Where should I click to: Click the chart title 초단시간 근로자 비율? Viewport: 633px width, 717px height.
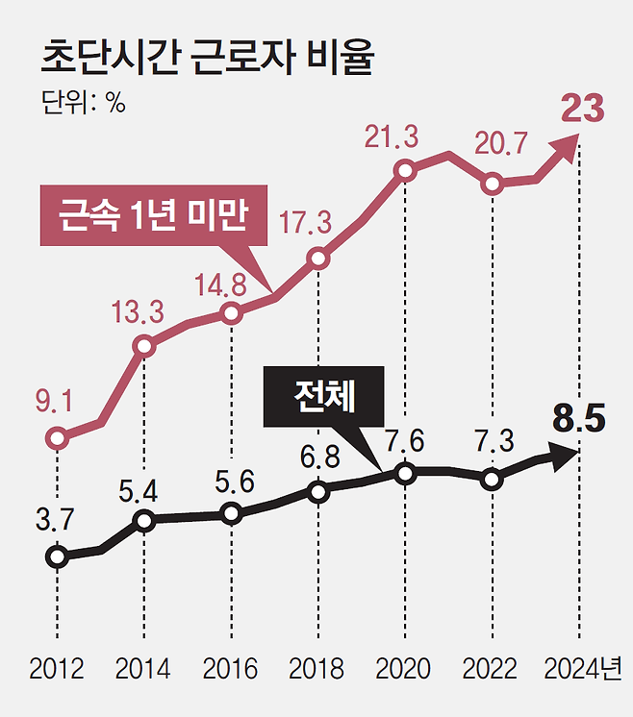point(208,57)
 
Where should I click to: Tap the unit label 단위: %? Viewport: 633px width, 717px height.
point(84,102)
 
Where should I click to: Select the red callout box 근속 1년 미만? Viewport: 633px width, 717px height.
point(154,215)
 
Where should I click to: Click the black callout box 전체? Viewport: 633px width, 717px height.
point(323,396)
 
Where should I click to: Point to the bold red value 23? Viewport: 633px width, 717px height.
point(583,109)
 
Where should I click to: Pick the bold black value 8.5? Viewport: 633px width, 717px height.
point(579,418)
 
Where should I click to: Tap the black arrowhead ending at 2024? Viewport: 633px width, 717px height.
point(565,457)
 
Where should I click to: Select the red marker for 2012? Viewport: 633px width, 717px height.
point(57,438)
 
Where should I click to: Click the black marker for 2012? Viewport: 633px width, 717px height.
point(57,556)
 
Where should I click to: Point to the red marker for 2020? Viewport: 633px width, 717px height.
point(405,171)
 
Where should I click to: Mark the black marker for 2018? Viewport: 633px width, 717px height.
point(318,492)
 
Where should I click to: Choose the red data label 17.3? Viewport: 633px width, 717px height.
point(305,223)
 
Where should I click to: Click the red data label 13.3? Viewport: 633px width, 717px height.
point(138,312)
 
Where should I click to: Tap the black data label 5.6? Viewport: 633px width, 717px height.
point(235,482)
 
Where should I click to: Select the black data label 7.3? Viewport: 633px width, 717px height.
point(494,440)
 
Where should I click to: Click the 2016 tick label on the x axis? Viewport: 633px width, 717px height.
point(230,669)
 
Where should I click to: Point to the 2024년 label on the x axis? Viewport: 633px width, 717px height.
point(583,669)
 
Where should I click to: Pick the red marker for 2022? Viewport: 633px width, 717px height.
point(492,184)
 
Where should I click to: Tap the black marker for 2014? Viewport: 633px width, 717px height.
point(144,520)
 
